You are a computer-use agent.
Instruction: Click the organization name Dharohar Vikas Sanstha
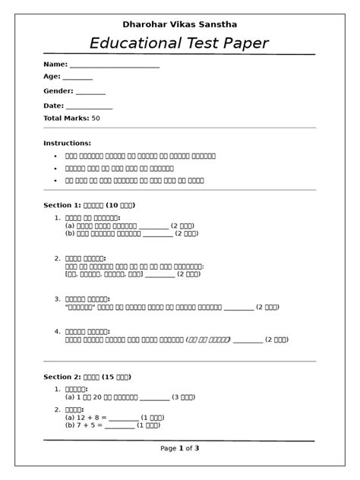179,24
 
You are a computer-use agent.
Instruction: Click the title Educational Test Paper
179,43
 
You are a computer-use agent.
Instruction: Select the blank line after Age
77,77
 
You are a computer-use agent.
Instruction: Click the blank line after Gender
90,92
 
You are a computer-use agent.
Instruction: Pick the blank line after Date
89,107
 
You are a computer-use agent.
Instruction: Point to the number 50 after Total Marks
96,118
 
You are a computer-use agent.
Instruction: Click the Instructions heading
67,143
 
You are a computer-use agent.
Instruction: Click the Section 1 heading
90,205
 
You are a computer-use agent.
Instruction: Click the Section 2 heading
87,377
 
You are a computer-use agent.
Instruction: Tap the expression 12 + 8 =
86,417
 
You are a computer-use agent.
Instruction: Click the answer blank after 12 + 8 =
124,418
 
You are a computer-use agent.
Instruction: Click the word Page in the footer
169,449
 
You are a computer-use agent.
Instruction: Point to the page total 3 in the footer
197,449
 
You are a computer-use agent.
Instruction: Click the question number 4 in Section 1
57,331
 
